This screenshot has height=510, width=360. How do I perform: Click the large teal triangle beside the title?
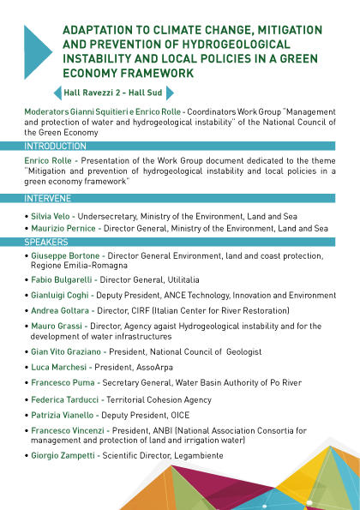(x=36, y=52)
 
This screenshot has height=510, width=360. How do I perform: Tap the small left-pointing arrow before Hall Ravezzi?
(x=58, y=93)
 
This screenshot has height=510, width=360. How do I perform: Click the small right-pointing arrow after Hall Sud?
(x=170, y=93)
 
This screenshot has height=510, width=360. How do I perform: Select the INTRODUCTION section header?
(x=55, y=146)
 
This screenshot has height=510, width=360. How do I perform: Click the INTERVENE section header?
(x=47, y=198)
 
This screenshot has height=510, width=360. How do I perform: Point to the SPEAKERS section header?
(x=46, y=242)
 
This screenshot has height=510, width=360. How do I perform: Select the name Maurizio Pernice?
(x=63, y=228)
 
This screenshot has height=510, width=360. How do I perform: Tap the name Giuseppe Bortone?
(x=65, y=256)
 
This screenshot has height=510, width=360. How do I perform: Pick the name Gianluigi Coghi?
(x=59, y=296)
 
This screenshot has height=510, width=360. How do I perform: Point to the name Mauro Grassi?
(x=57, y=326)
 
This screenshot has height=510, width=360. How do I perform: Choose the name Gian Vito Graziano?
(x=66, y=351)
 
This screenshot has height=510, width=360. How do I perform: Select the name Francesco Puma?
(x=63, y=382)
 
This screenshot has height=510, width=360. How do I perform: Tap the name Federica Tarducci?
(x=65, y=399)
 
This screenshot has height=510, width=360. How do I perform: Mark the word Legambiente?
(x=198, y=456)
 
